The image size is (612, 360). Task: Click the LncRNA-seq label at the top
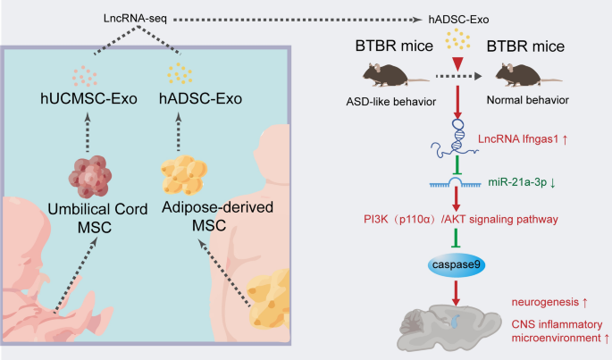[135, 19]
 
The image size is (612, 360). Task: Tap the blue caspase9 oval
[456, 265]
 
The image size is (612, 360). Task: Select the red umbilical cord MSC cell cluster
[90, 177]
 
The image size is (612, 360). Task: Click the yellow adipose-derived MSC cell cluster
[184, 174]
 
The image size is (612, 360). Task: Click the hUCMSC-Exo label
[88, 99]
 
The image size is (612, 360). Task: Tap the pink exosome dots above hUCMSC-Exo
[85, 76]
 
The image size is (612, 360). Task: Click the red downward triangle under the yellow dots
[457, 64]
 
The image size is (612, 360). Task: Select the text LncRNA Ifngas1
[518, 139]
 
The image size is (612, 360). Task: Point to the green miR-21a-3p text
[517, 182]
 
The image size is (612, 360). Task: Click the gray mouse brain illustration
[449, 327]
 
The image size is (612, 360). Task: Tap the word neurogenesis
[545, 302]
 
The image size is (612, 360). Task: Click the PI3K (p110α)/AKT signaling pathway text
[460, 220]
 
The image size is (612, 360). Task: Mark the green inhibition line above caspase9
[456, 238]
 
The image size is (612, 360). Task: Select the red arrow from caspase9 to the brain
[456, 293]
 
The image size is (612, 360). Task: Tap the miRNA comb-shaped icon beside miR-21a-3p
[455, 183]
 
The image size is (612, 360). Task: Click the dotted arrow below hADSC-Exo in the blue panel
[179, 132]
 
